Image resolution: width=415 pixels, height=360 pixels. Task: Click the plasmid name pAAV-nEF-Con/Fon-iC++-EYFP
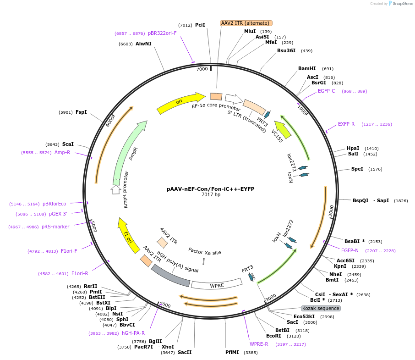[x=211, y=189]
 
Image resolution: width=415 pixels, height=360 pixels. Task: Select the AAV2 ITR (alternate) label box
[x=246, y=23]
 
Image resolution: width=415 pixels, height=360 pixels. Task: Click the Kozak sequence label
[x=321, y=308]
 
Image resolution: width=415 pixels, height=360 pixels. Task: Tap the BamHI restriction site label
[x=307, y=68]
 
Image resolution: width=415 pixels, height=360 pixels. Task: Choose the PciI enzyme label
[x=200, y=25]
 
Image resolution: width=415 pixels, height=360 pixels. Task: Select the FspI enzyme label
[x=81, y=112]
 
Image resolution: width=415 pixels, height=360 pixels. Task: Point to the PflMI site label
[x=232, y=352]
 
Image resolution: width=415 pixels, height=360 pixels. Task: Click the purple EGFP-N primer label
[x=350, y=250]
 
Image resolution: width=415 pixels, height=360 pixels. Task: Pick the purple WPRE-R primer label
[x=259, y=344]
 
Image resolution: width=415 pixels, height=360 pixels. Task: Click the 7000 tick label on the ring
[x=202, y=69]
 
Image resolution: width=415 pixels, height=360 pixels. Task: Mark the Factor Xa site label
[x=205, y=252]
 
